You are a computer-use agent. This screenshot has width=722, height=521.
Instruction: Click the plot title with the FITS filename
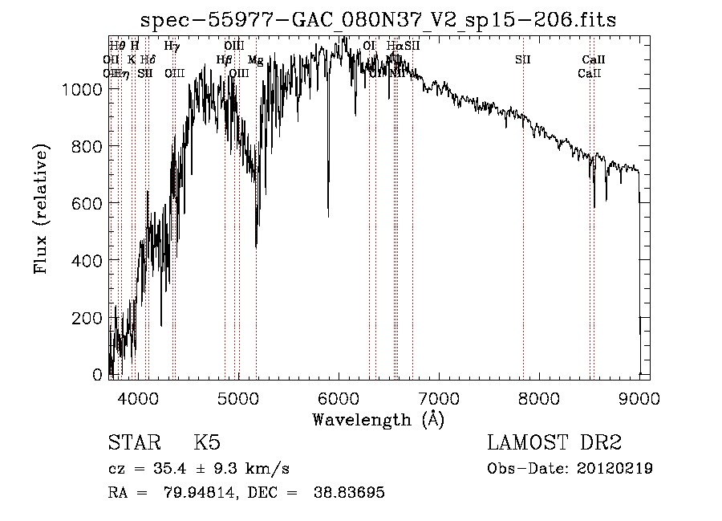[379, 19]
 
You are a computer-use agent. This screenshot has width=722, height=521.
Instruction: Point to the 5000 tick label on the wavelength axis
[238, 397]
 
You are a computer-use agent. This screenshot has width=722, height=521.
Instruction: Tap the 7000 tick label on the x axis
[439, 397]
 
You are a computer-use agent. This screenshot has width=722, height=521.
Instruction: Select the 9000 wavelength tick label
[639, 397]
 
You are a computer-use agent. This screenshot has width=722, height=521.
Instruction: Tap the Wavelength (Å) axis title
[378, 419]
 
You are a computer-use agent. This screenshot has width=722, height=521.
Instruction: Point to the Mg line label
[255, 60]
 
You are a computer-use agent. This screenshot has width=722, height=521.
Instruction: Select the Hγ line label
[172, 47]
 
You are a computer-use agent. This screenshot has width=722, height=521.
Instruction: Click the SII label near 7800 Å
[523, 60]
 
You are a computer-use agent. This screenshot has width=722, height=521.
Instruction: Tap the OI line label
[369, 47]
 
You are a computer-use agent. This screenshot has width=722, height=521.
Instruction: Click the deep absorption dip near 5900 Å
[328, 210]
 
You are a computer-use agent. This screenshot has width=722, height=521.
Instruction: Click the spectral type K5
[207, 443]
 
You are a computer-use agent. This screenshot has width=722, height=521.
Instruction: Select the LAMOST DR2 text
[554, 443]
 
